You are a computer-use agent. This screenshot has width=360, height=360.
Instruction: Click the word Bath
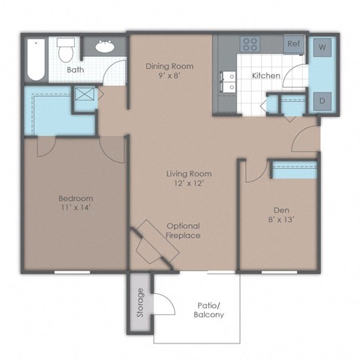pos(75,70)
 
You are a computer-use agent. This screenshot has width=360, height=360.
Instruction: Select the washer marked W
pos(324,47)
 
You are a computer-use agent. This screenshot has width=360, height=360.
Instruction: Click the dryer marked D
pos(324,100)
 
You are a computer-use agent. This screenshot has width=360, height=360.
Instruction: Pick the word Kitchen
pos(265,76)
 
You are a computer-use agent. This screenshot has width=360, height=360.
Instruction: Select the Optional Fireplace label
pos(183,230)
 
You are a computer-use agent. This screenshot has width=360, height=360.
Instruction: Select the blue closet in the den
pos(294,169)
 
